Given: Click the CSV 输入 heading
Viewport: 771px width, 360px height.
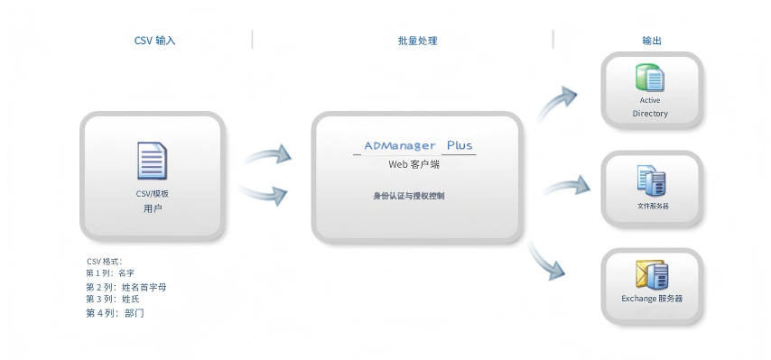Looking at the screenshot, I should click(x=154, y=41).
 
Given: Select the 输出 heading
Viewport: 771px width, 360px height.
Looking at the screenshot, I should click(x=651, y=41).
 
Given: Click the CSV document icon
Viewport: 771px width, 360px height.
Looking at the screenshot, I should click(x=153, y=162).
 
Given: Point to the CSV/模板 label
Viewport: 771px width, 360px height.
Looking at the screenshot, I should click(x=153, y=193).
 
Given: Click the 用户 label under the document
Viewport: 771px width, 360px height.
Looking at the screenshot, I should click(x=153, y=208).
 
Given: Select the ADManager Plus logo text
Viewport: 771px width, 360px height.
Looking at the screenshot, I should click(x=417, y=145).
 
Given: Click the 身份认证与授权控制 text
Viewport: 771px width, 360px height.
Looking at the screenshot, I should click(x=409, y=195).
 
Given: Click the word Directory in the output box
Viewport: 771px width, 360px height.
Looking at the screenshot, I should click(x=650, y=114).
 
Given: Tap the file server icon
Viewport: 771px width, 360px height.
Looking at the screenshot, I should click(x=651, y=180).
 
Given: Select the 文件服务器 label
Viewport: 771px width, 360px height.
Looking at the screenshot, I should click(x=653, y=206).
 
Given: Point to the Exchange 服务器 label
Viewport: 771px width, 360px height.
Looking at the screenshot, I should click(x=651, y=299).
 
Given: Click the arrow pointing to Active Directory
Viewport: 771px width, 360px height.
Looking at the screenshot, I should click(x=557, y=103).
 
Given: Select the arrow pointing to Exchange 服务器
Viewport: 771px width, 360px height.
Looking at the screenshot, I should click(x=550, y=261).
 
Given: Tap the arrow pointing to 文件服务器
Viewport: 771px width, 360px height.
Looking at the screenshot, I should click(x=566, y=187).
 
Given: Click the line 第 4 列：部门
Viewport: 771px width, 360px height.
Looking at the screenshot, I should click(x=115, y=312).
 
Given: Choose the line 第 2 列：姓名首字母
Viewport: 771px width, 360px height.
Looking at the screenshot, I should click(x=125, y=287).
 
